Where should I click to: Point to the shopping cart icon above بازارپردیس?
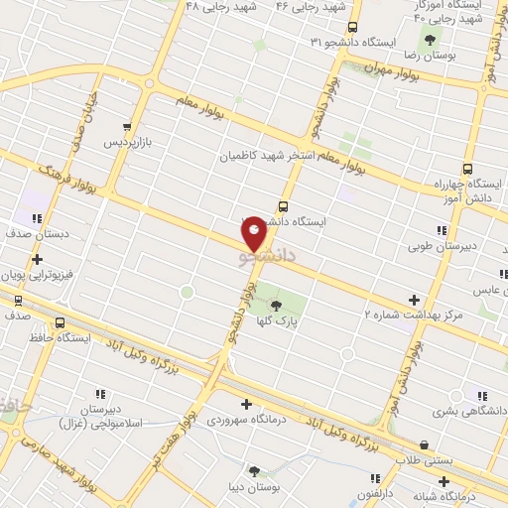coord(127,127)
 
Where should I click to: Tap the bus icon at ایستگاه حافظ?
coord(61,323)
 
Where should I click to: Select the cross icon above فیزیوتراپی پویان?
coord(37,259)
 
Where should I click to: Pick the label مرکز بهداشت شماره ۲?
coord(413,315)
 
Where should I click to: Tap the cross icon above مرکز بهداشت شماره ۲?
coord(414,299)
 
